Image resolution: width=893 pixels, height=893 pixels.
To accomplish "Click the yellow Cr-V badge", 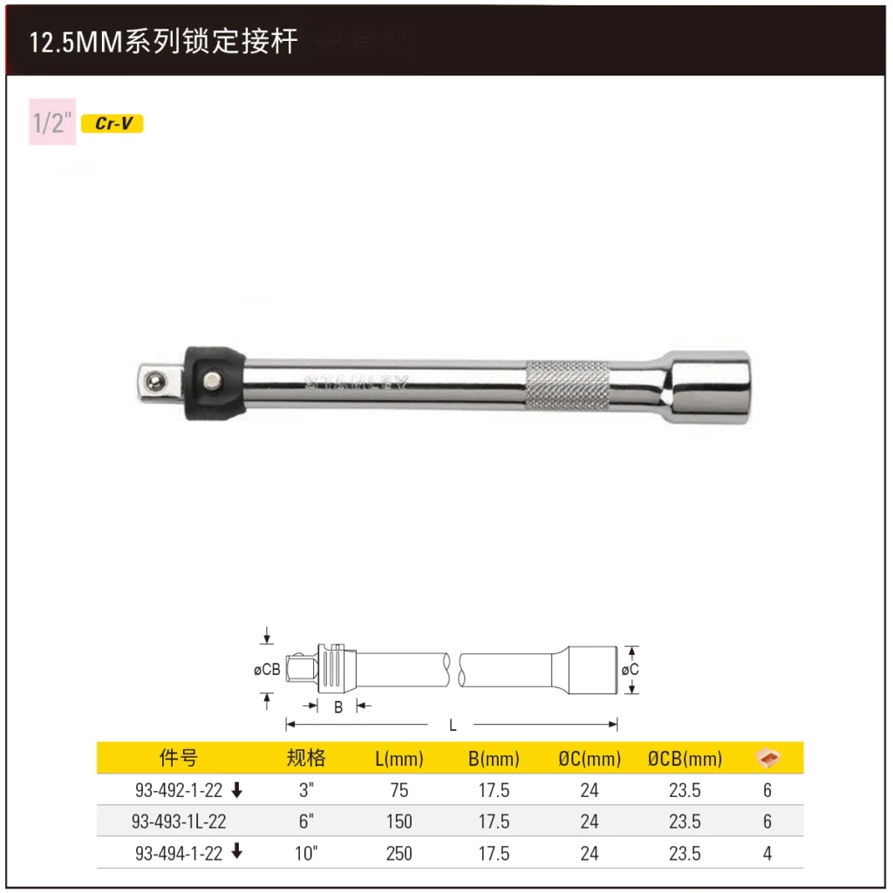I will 112,124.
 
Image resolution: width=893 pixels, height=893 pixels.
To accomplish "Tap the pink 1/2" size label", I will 51,122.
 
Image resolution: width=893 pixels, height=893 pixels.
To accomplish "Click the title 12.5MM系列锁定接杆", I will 164,42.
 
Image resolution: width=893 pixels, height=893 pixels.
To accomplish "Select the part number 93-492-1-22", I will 179,791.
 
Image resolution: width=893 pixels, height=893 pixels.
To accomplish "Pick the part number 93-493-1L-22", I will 179,822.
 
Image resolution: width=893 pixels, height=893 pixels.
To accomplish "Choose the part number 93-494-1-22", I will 179,854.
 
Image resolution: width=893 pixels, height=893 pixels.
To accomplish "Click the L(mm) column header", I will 399,759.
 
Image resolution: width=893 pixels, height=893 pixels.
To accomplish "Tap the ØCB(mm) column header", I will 685,759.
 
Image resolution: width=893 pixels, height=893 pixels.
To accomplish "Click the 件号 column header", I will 179,758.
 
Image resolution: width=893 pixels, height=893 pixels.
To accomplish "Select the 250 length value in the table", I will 399,854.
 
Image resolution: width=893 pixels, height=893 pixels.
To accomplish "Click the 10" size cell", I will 306,854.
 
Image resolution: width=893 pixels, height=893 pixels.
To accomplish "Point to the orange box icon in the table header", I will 767,758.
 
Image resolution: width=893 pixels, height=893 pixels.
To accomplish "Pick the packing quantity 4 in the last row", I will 767,854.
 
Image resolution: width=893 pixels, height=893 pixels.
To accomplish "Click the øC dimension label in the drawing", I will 630,670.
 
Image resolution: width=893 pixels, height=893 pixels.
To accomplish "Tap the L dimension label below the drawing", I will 453,725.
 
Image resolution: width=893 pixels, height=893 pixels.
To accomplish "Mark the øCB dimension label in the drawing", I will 267,670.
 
